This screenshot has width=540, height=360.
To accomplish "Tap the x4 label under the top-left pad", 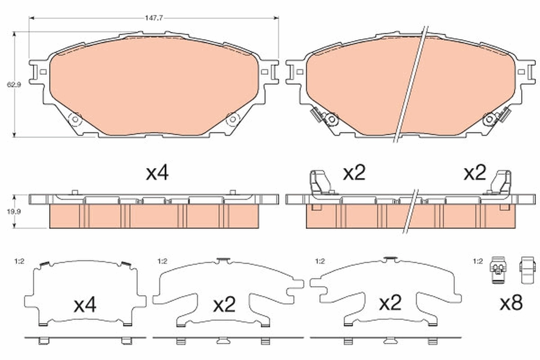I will click(157, 173).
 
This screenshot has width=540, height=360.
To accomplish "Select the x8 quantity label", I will click(511, 304).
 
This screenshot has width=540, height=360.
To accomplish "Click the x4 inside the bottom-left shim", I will click(85, 306).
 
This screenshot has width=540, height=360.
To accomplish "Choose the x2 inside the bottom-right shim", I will click(390, 303).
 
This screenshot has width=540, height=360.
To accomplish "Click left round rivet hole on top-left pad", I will click(75, 120).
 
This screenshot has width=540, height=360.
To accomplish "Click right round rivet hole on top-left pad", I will click(233, 120).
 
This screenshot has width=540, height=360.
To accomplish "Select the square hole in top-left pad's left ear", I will click(42, 72).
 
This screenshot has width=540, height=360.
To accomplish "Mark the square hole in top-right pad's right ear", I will click(522, 72).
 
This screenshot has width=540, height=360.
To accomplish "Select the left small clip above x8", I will click(497, 271).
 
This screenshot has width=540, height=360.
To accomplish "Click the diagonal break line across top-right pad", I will click(410, 85).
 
